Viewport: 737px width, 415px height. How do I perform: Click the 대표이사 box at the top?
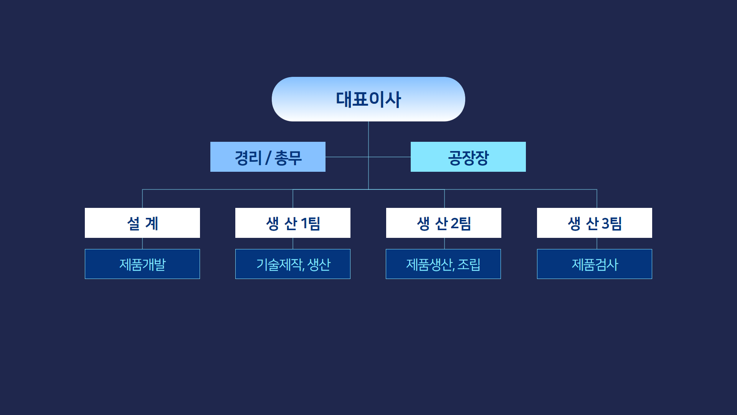(x=368, y=99)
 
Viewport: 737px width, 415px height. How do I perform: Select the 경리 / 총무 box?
(x=268, y=157)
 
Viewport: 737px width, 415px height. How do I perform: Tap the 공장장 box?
(x=468, y=157)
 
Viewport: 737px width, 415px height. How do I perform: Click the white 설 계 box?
(x=142, y=223)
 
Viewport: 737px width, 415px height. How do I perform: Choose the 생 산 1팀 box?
(x=293, y=223)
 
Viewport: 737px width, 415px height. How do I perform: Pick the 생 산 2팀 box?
(x=444, y=223)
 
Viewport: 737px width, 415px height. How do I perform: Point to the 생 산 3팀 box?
(x=595, y=223)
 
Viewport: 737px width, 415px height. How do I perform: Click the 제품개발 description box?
(x=142, y=264)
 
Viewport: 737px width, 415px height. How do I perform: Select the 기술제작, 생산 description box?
(x=293, y=264)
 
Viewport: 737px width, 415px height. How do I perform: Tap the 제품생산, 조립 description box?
(x=443, y=264)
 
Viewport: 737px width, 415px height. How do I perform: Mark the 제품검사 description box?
(x=595, y=264)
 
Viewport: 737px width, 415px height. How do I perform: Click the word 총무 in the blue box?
(x=288, y=158)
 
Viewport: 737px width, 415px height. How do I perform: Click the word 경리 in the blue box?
(x=248, y=158)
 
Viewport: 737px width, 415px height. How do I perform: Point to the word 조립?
(x=469, y=264)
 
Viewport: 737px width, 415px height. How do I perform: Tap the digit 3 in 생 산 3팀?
(x=605, y=223)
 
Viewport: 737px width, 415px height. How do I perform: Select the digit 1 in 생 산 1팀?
(x=304, y=223)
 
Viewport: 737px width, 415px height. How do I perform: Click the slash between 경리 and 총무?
(x=268, y=158)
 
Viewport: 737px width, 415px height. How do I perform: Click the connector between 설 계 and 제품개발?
(x=142, y=244)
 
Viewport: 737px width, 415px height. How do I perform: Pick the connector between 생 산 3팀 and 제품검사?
(x=597, y=244)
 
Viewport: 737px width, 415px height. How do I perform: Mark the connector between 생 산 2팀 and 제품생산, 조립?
(x=445, y=244)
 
